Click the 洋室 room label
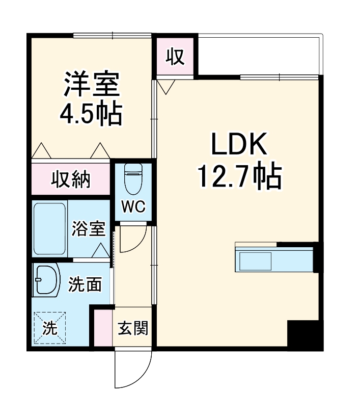92,85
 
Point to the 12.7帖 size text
239,176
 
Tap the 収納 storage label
71,179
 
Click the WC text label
133,206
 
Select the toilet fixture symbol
133,179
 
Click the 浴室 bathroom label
89,228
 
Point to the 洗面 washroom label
85,284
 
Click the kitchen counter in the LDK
273,259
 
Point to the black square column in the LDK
305,334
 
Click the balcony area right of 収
259,55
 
